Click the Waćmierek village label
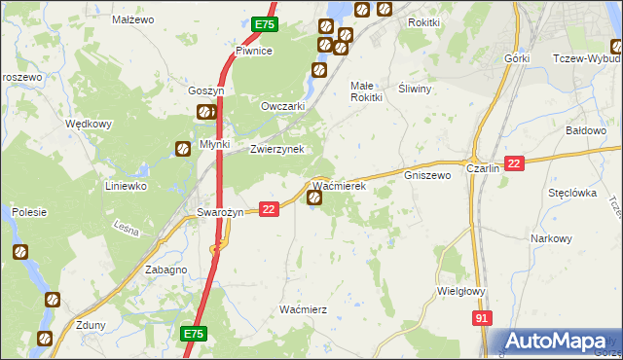(x=338, y=185)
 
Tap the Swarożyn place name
(x=220, y=212)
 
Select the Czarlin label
(x=483, y=167)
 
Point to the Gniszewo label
(x=427, y=176)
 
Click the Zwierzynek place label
(x=277, y=149)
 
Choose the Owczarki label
(x=283, y=106)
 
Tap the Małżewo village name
(x=133, y=18)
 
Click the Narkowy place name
(x=551, y=238)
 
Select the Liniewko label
(x=126, y=185)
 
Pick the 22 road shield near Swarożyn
(x=270, y=209)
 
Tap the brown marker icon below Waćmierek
(x=315, y=198)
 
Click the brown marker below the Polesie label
(x=20, y=252)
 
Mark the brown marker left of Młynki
(x=182, y=149)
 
